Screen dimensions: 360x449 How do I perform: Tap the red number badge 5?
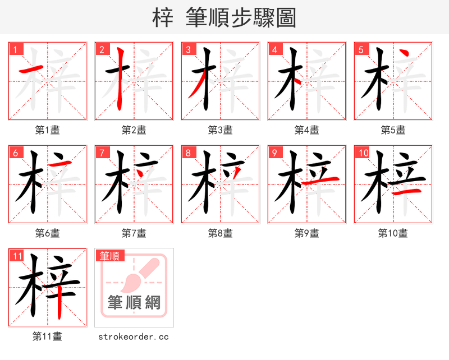[362, 49]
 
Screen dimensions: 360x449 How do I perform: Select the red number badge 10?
[363, 153]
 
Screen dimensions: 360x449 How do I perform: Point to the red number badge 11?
[17, 256]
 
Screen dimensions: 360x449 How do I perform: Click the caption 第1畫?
[48, 130]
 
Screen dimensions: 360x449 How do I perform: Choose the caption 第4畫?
[306, 130]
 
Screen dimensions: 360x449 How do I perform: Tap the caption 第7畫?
[134, 233]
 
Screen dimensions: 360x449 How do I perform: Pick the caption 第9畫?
[306, 233]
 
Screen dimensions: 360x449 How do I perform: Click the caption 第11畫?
[48, 336]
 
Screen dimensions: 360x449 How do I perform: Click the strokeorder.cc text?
[134, 336]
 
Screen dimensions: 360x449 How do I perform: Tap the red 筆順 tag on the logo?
[109, 256]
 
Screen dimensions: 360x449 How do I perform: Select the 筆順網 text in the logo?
[134, 303]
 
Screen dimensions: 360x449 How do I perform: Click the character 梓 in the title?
[163, 18]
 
